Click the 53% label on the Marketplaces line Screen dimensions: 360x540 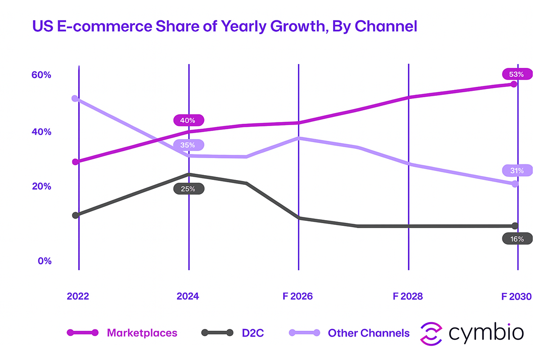point(517,74)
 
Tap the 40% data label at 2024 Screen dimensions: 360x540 point(188,120)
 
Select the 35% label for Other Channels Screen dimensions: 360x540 point(188,145)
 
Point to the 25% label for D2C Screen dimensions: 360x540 point(188,189)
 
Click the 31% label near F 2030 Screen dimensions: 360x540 point(517,171)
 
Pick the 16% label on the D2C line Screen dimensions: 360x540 point(517,239)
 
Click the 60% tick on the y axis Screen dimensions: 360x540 point(41,75)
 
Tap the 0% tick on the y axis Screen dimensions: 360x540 point(44,261)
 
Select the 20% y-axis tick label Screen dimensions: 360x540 point(41,187)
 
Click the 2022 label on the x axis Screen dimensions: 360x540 point(78,297)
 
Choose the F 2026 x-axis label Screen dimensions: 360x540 point(297,297)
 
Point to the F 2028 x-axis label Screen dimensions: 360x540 point(407,297)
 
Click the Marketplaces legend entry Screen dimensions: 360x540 point(142,333)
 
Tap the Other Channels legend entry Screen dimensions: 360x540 point(369,333)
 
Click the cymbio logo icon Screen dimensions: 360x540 point(431,333)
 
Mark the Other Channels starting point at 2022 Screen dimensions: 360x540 point(76,99)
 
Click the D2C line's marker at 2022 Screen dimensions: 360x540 point(76,215)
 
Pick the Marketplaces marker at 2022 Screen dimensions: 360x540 point(76,162)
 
